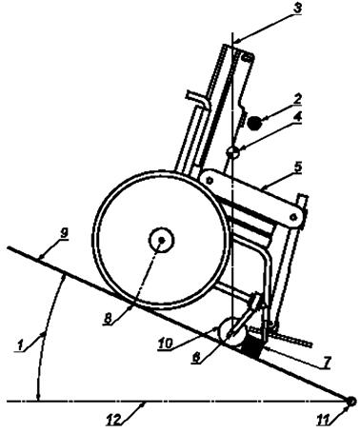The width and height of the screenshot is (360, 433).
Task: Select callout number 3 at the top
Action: pos(297,9)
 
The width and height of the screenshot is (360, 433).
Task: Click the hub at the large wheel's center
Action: pos(161,241)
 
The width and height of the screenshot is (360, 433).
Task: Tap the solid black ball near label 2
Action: pos(255,121)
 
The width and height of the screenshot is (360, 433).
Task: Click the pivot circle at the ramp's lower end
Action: pos(350,403)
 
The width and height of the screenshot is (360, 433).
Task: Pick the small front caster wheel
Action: pos(230,330)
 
